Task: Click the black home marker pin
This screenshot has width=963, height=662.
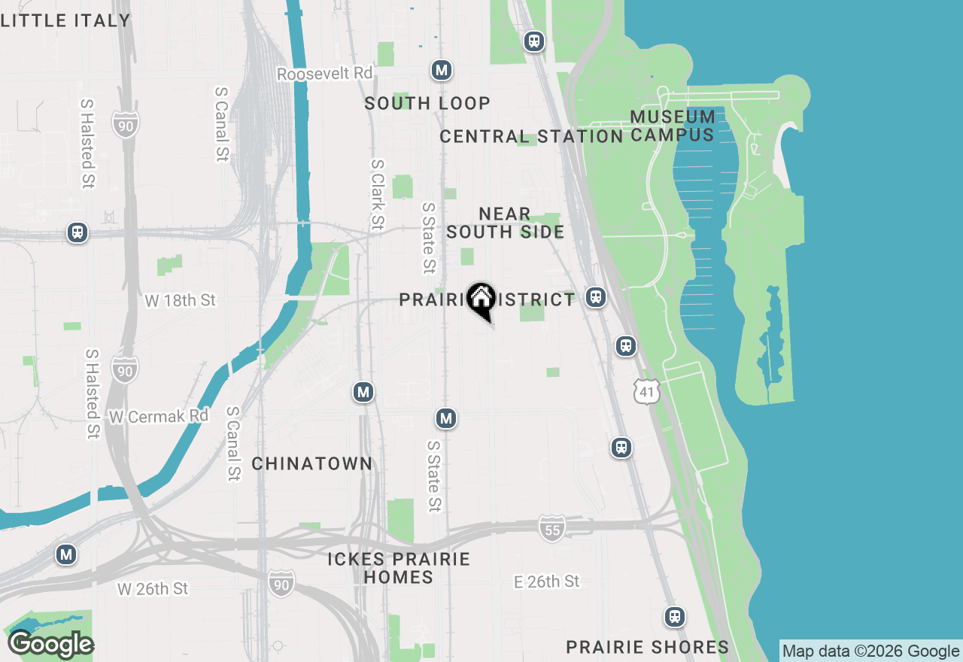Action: [x=481, y=300]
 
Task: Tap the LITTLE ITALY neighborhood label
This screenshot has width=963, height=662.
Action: [x=65, y=20]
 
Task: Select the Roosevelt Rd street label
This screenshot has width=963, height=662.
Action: [x=325, y=74]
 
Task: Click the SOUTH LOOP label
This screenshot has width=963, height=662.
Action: [x=427, y=103]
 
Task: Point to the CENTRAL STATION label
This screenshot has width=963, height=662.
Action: [x=531, y=136]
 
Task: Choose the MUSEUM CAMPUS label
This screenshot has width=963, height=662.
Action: [x=673, y=126]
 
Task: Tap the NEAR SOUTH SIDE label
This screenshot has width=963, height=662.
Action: [x=506, y=223]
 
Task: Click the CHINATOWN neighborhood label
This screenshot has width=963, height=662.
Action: [x=312, y=463]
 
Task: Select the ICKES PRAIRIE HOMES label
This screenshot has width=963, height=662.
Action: [x=399, y=568]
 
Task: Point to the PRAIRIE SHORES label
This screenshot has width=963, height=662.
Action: [x=648, y=647]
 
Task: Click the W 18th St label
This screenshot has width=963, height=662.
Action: [x=181, y=301]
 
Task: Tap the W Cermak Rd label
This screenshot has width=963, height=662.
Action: [x=159, y=416]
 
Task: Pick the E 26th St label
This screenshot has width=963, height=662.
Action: [x=547, y=582]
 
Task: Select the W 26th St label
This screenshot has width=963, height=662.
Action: [x=153, y=588]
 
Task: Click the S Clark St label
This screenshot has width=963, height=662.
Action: [x=378, y=194]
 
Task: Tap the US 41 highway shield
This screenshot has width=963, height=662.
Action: [x=647, y=391]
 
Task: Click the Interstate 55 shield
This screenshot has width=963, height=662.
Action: [x=552, y=530]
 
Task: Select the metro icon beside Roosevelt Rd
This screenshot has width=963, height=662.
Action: [x=442, y=71]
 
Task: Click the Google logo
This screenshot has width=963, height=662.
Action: [x=50, y=645]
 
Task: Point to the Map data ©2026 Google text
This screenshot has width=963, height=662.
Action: [x=870, y=651]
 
